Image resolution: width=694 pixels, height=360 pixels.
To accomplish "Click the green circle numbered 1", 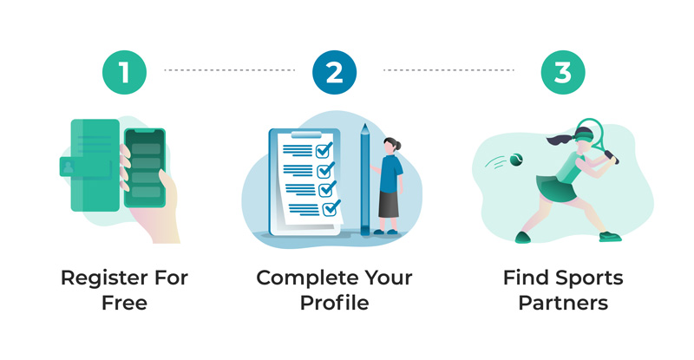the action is click(x=124, y=72).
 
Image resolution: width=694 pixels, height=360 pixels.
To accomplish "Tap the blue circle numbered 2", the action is click(x=334, y=72).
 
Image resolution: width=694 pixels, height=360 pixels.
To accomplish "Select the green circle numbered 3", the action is click(x=563, y=72).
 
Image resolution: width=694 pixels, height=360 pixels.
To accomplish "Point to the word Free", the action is click(x=124, y=304).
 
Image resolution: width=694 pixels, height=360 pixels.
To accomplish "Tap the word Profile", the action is click(x=335, y=304).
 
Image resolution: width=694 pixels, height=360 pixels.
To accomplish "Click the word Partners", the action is click(x=563, y=304).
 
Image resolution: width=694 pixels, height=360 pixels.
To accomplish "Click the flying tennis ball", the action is click(x=516, y=160).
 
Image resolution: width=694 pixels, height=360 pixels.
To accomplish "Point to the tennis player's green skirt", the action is click(x=556, y=188).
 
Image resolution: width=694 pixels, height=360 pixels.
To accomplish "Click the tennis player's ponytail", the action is click(x=559, y=140).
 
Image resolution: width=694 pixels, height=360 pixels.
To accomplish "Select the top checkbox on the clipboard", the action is click(x=324, y=151).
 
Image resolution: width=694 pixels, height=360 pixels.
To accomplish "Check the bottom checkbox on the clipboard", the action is click(x=331, y=208).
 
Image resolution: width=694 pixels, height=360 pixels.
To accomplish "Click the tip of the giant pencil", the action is click(x=364, y=124).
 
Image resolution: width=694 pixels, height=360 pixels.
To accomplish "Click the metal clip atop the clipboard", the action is click(x=306, y=134).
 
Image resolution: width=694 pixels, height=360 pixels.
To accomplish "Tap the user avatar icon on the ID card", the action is click(x=68, y=167).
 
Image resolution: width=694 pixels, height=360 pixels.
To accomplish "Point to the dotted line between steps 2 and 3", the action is click(x=448, y=70).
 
